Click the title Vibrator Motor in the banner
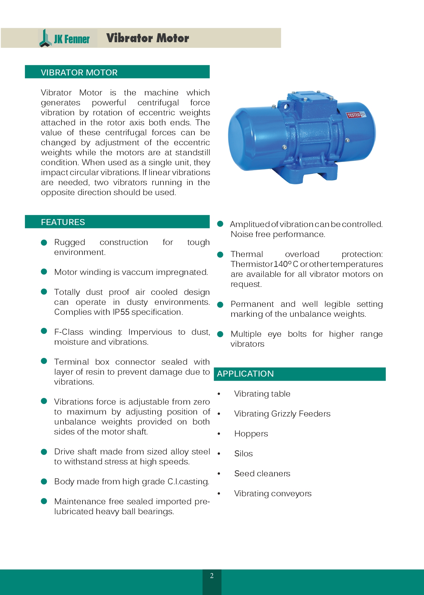pyautogui.click(x=148, y=38)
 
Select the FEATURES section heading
pyautogui.click(x=63, y=222)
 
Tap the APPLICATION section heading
pyautogui.click(x=245, y=374)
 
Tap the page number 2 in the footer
pyautogui.click(x=212, y=576)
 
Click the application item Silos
pyautogui.click(x=243, y=454)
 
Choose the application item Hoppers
pyautogui.click(x=251, y=434)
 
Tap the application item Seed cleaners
pyautogui.click(x=262, y=474)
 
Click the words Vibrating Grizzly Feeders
pyautogui.click(x=282, y=414)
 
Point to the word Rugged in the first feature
pyautogui.click(x=70, y=242)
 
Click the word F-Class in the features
pyautogui.click(x=69, y=332)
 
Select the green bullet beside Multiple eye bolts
pyautogui.click(x=220, y=334)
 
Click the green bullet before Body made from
pyautogui.click(x=44, y=482)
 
